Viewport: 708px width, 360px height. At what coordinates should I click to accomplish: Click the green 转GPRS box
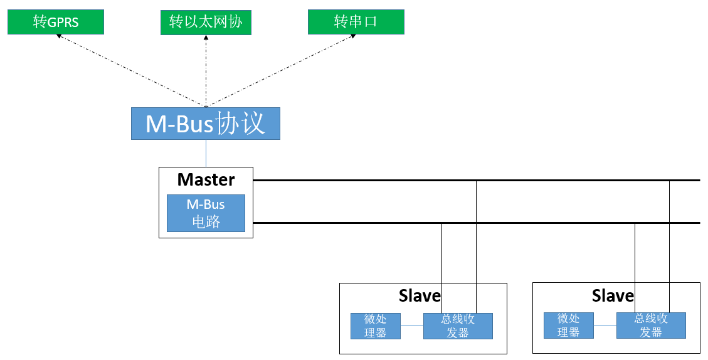pos(56,22)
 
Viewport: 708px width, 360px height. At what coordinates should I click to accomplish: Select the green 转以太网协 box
pos(206,22)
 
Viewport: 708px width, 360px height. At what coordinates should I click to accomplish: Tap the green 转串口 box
pos(356,22)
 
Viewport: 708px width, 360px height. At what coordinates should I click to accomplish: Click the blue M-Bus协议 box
pos(206,124)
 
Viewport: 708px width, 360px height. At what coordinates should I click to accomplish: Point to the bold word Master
pos(206,180)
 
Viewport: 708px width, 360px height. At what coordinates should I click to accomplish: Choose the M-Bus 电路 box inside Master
pos(206,213)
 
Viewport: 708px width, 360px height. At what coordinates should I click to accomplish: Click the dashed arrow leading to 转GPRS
pos(131,70)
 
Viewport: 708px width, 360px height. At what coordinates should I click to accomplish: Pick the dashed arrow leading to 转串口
pos(280,70)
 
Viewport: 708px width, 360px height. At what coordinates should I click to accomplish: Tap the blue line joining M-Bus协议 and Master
pos(206,153)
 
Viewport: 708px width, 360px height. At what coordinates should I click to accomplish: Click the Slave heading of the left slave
pos(420,295)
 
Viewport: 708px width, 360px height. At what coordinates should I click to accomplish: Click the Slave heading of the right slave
pos(613,295)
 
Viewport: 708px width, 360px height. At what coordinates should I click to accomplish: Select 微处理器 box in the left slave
pos(376,326)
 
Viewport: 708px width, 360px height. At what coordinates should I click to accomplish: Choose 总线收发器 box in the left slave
pos(458,326)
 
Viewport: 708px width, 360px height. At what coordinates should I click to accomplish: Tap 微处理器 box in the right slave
pos(569,326)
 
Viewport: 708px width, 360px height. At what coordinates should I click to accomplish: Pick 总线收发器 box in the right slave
pos(651,326)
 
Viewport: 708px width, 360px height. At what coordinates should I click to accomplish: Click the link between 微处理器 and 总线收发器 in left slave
pos(412,326)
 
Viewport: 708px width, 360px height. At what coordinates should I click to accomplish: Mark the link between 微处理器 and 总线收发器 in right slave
pos(605,326)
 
